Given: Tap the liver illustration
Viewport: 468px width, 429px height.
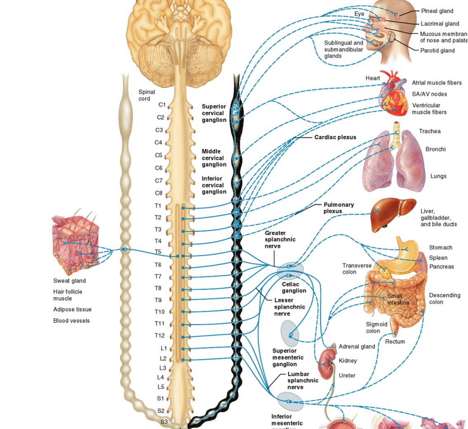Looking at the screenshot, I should pos(392,214).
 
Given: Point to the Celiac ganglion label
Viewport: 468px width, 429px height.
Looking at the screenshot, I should pos(294,288).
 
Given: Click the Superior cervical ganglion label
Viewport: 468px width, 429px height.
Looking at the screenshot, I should pos(214,113).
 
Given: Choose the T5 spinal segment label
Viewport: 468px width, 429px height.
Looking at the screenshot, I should pos(158,252).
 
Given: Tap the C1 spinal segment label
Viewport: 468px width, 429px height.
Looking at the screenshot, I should pos(162,105).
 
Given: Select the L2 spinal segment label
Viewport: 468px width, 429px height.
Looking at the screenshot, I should pos(163,358).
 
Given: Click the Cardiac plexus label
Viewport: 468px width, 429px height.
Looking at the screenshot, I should pos(335,137).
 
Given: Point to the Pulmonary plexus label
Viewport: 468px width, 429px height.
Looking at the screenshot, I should pos(338,208).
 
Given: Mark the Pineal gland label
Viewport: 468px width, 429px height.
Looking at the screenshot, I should pos(437,11).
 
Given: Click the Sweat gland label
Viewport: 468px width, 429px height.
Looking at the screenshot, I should pos(69,281).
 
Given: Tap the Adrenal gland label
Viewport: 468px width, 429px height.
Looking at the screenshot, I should pos(357,346).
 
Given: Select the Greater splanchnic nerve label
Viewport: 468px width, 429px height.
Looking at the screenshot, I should pos(280,239).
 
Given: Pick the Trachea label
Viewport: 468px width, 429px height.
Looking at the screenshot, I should pos(430,131).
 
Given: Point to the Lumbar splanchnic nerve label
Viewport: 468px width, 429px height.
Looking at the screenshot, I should pos(303,381).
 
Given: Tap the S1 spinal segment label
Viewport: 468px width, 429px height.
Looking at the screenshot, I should pos(161,398).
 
